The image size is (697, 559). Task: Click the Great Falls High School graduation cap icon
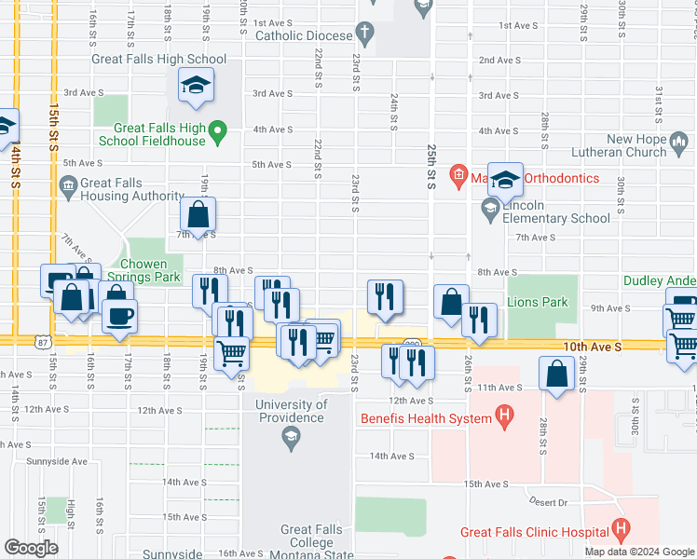[x=197, y=87]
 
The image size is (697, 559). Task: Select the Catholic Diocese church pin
[x=364, y=35]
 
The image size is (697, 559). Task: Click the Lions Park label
[x=537, y=302]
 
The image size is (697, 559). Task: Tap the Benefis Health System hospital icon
[x=504, y=418]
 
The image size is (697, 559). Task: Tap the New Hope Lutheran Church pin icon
[x=682, y=144]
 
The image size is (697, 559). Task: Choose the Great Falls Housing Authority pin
[x=68, y=186]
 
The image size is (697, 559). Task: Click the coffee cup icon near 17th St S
[x=120, y=318]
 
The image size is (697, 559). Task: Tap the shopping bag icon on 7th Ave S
[x=198, y=215]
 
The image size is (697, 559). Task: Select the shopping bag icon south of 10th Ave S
[x=556, y=375]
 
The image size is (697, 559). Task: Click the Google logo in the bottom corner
[x=32, y=547]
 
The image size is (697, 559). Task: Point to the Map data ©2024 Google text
[x=639, y=552]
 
